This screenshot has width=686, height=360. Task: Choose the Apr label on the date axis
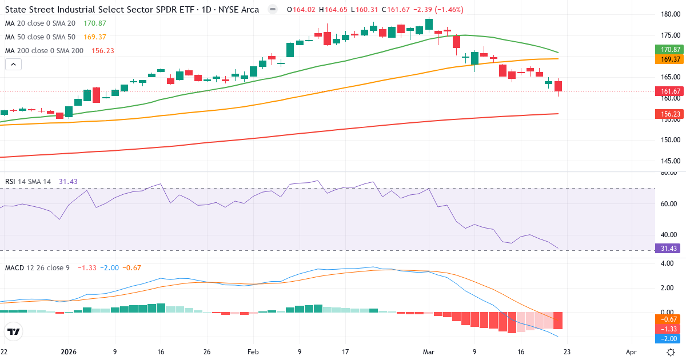631,352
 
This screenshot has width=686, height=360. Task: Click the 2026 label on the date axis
69,352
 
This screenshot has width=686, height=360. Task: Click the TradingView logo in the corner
14,331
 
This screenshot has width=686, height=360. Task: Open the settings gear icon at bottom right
672,352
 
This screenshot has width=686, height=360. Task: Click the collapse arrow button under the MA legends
13,65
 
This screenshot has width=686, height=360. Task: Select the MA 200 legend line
45,50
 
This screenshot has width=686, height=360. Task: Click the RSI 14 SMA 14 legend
28,181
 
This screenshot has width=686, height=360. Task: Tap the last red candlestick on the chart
558,86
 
